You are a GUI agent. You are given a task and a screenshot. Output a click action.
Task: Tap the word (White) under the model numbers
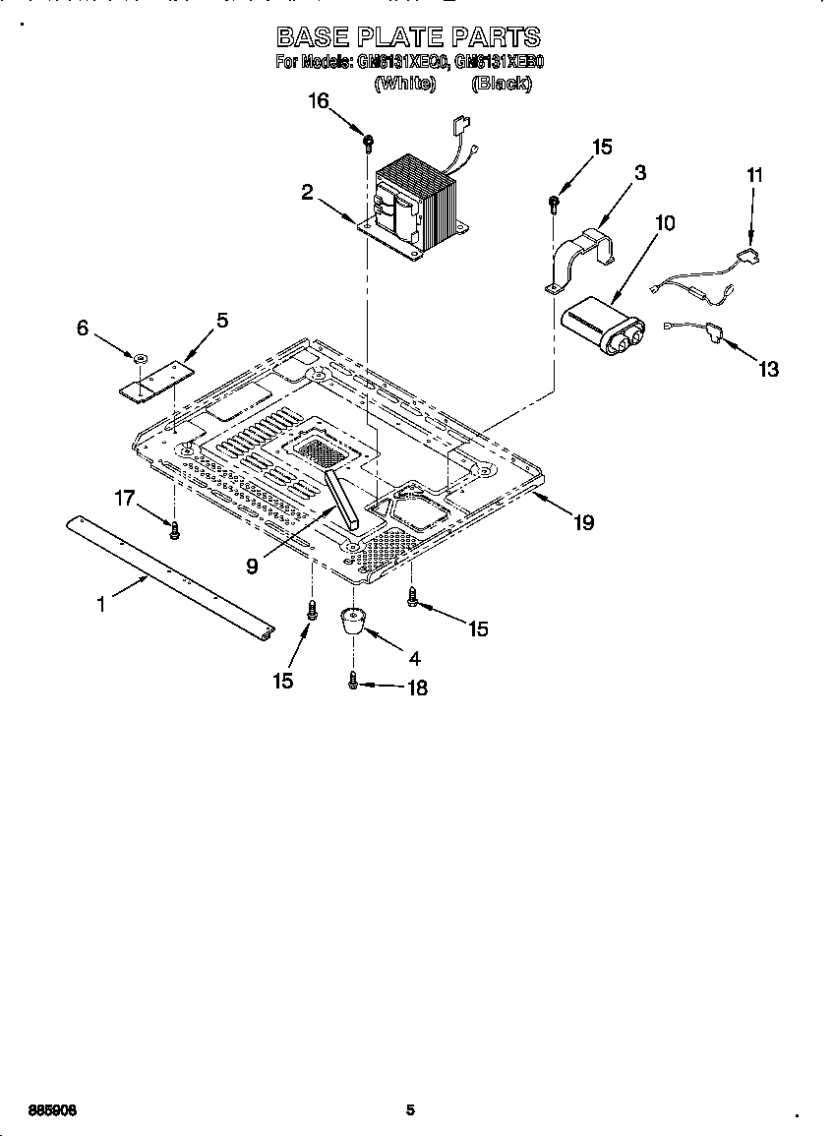pyautogui.click(x=404, y=84)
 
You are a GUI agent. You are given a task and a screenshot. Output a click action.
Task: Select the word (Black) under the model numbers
pyautogui.click(x=502, y=84)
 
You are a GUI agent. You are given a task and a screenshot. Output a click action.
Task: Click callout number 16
pyautogui.click(x=318, y=101)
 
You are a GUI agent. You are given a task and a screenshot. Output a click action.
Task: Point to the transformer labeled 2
pyautogui.click(x=413, y=207)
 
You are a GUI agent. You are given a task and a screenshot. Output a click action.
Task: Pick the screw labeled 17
pyautogui.click(x=175, y=530)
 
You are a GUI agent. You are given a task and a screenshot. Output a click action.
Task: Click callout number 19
pyautogui.click(x=583, y=522)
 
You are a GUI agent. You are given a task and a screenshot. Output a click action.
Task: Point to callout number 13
pyautogui.click(x=768, y=369)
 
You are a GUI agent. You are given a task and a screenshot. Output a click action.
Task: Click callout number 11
pyautogui.click(x=753, y=175)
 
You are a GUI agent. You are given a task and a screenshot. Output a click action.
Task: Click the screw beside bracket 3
pyautogui.click(x=554, y=204)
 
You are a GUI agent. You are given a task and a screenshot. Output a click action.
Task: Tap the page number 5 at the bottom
pyautogui.click(x=411, y=1110)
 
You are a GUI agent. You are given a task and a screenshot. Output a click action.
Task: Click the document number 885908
pyautogui.click(x=53, y=1110)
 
